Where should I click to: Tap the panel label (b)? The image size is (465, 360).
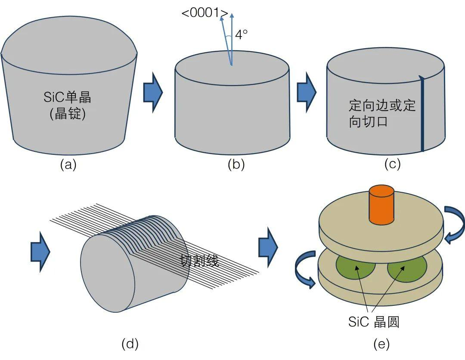tap(236, 165)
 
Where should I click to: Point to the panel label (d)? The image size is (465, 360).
tap(130, 344)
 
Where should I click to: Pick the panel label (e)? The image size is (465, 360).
tap(381, 344)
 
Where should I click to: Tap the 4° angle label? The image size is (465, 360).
tap(241, 34)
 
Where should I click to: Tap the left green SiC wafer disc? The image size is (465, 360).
tap(356, 267)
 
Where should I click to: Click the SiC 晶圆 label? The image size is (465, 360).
tap(374, 322)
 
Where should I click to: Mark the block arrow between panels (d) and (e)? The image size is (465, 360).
tap(268, 247)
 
